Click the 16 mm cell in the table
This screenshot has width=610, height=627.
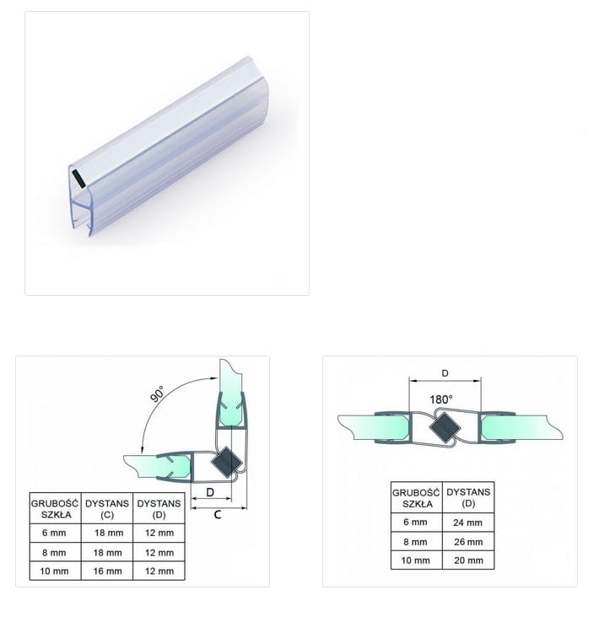click(x=107, y=571)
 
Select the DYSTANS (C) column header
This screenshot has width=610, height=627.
click(x=107, y=509)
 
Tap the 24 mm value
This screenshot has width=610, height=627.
click(x=467, y=522)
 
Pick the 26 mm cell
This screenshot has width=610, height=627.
click(x=468, y=542)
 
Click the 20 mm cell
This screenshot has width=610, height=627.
click(x=468, y=560)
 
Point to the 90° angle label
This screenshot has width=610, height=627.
click(x=157, y=394)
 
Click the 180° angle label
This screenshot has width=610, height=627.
click(x=441, y=399)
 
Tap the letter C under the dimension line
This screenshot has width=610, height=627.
click(x=218, y=515)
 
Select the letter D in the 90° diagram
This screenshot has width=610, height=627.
click(x=210, y=492)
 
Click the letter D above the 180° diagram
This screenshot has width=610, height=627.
click(x=445, y=373)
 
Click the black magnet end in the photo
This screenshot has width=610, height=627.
click(x=78, y=179)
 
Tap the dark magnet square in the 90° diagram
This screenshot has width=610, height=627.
click(x=226, y=463)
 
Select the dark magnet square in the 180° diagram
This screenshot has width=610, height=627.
click(x=445, y=427)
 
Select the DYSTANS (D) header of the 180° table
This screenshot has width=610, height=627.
click(x=468, y=497)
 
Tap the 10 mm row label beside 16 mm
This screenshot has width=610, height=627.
click(x=55, y=571)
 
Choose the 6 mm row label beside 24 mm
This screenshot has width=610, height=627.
click(x=415, y=522)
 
